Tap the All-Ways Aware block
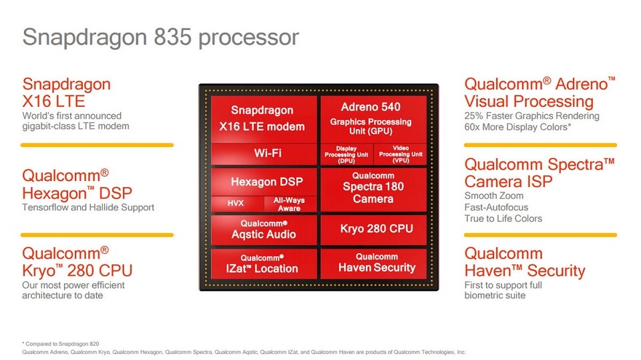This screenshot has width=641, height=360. pyautogui.click(x=289, y=204)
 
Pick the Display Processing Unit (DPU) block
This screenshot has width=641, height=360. pyautogui.click(x=346, y=154)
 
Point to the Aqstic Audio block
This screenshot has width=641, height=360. pyautogui.click(x=264, y=229)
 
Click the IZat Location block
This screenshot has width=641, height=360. pyautogui.click(x=264, y=263)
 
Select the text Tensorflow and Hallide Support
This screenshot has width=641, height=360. pyautogui.click(x=88, y=207)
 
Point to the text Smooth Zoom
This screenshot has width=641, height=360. pyautogui.click(x=494, y=196)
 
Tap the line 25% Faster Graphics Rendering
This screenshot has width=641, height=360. pyautogui.click(x=532, y=116)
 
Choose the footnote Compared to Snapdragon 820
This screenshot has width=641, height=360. pyautogui.click(x=61, y=343)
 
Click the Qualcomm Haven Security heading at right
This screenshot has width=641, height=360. pyautogui.click(x=525, y=262)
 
